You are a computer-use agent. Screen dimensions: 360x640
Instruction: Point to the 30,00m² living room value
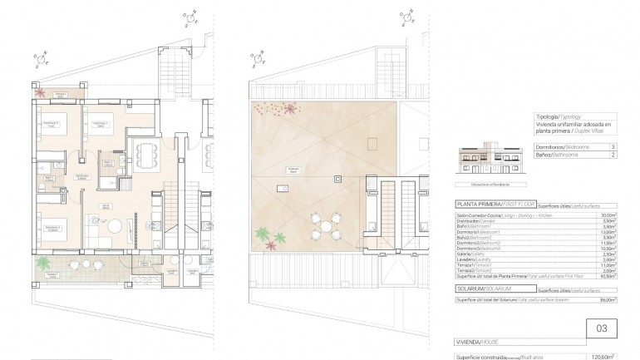608,215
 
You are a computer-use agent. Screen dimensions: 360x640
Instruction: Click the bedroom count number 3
613,146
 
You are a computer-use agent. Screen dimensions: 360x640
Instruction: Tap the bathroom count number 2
613,155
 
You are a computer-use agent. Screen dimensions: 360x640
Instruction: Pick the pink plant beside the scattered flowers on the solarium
290,108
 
